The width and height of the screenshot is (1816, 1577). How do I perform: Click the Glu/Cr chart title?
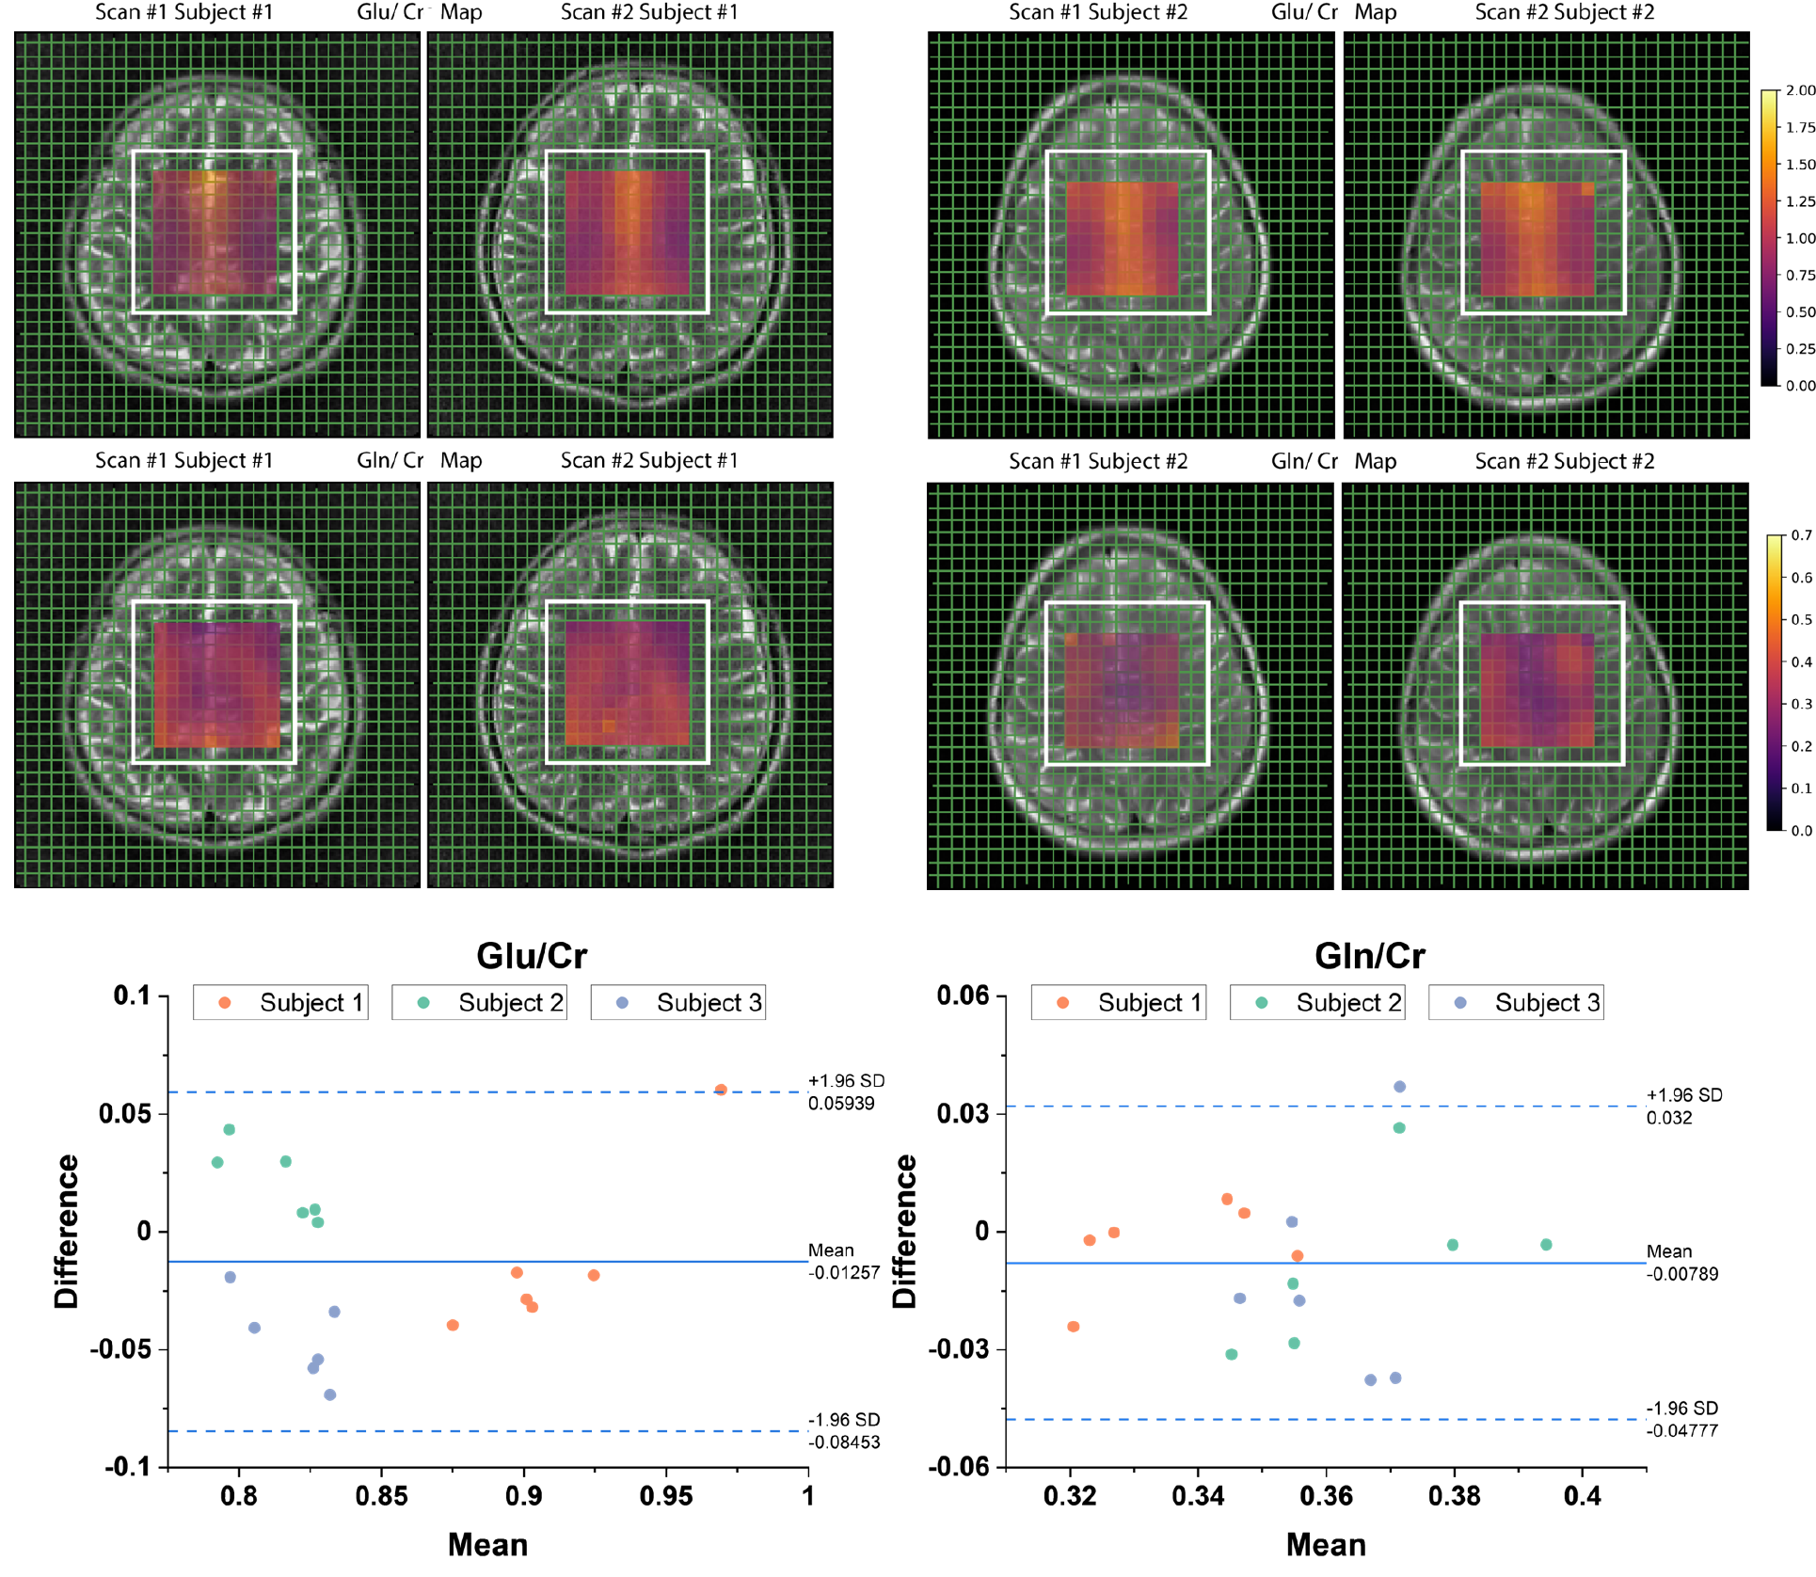point(532,956)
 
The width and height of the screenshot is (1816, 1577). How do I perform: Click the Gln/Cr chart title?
point(1369,956)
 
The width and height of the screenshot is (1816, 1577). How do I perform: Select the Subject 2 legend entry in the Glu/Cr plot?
point(479,1003)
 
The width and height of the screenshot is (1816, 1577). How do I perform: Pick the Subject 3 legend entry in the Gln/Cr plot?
point(1516,1003)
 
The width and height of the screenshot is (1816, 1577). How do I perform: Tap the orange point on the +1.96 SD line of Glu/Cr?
point(721,1090)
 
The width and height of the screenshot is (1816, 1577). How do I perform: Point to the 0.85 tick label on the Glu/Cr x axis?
point(381,1496)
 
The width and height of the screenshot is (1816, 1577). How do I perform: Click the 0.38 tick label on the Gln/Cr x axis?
point(1454,1496)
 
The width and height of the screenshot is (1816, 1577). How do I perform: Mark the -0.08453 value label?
point(844,1442)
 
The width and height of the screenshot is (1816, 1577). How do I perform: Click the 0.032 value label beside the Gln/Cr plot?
point(1669,1118)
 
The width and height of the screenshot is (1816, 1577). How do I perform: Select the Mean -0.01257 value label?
point(844,1273)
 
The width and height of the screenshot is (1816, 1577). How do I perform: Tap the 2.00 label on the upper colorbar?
point(1800,90)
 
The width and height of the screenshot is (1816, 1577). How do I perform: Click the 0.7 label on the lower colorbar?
point(1801,535)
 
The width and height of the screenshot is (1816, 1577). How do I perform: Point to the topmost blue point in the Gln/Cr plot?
point(1399,1087)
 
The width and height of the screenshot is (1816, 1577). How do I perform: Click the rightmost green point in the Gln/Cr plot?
point(1546,1245)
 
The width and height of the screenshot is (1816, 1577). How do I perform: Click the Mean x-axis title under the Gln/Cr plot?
point(1325,1545)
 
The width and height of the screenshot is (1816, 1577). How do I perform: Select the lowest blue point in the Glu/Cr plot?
point(329,1394)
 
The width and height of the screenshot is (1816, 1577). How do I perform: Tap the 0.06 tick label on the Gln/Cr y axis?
point(963,996)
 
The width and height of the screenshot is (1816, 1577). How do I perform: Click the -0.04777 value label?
point(1682,1431)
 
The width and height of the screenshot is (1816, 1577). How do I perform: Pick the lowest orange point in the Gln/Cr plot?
point(1074,1327)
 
